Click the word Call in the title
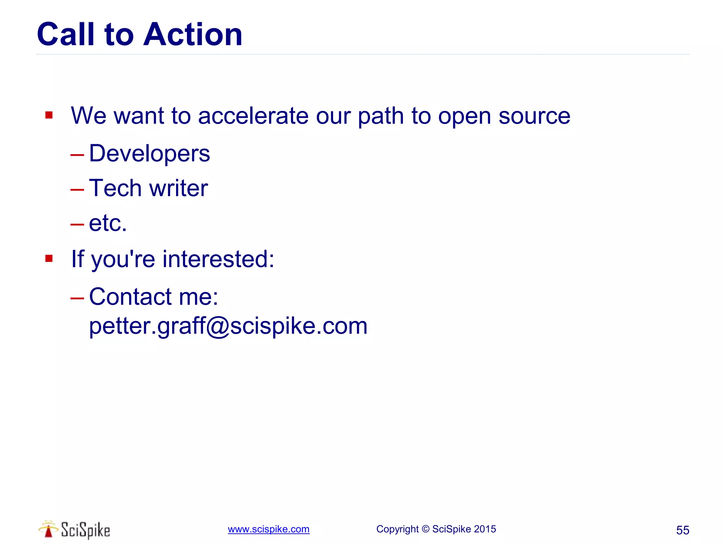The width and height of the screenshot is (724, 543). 66,34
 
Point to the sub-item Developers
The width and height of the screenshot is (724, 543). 149,154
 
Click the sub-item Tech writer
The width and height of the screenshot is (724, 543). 148,188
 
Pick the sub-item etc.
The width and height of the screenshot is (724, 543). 107,223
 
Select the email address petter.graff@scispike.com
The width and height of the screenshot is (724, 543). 228,326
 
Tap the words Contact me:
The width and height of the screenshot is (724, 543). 153,297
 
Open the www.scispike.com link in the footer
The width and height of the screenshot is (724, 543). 268,529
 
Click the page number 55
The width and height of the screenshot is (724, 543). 682,530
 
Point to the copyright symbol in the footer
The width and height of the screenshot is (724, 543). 425,529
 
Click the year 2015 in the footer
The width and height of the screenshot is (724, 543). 485,529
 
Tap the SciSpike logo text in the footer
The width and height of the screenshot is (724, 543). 85,530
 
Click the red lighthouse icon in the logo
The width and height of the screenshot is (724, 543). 48,530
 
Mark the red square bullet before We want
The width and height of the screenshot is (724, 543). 49,115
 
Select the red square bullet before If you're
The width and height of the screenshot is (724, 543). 49,259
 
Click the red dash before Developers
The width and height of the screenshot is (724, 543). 77,155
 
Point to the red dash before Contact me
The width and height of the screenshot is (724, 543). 77,298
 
